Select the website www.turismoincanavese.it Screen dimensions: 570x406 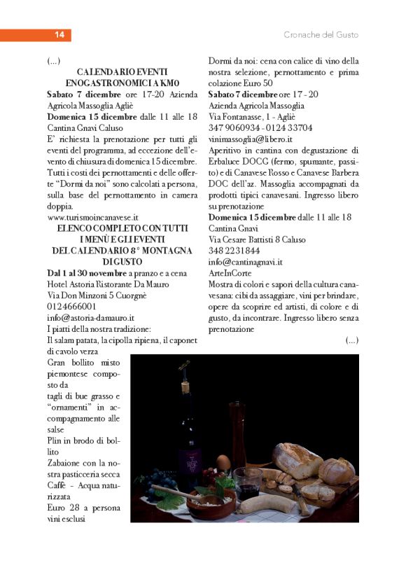click(92, 217)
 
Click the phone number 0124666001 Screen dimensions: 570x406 click(73, 306)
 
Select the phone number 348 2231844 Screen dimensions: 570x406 click(234, 250)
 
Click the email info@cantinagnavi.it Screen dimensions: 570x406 click(246, 261)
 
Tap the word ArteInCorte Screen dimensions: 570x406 click(230, 272)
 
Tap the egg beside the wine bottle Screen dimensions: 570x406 click(223, 462)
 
